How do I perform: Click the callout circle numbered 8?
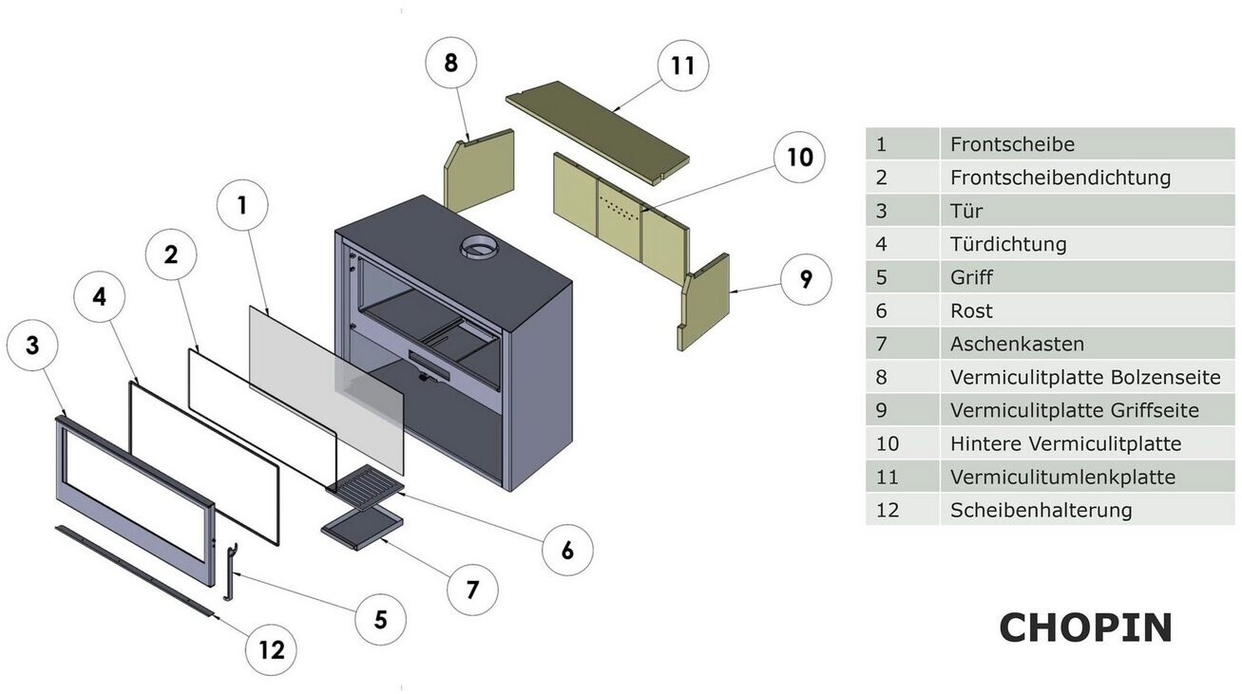tap(450, 65)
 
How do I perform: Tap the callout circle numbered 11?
tap(682, 66)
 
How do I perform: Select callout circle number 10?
tap(799, 157)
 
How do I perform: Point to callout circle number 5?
tap(380, 619)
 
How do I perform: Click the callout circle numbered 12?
tap(271, 649)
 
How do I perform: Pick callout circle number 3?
tap(32, 346)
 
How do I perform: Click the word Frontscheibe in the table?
tap(1012, 144)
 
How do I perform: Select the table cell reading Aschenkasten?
tap(1017, 344)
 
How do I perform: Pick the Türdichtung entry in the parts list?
tap(1008, 244)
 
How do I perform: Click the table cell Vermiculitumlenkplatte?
tap(1062, 477)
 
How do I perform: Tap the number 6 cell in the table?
tap(881, 310)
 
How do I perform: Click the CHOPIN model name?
tap(1085, 628)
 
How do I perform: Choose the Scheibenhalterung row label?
tap(1041, 510)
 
